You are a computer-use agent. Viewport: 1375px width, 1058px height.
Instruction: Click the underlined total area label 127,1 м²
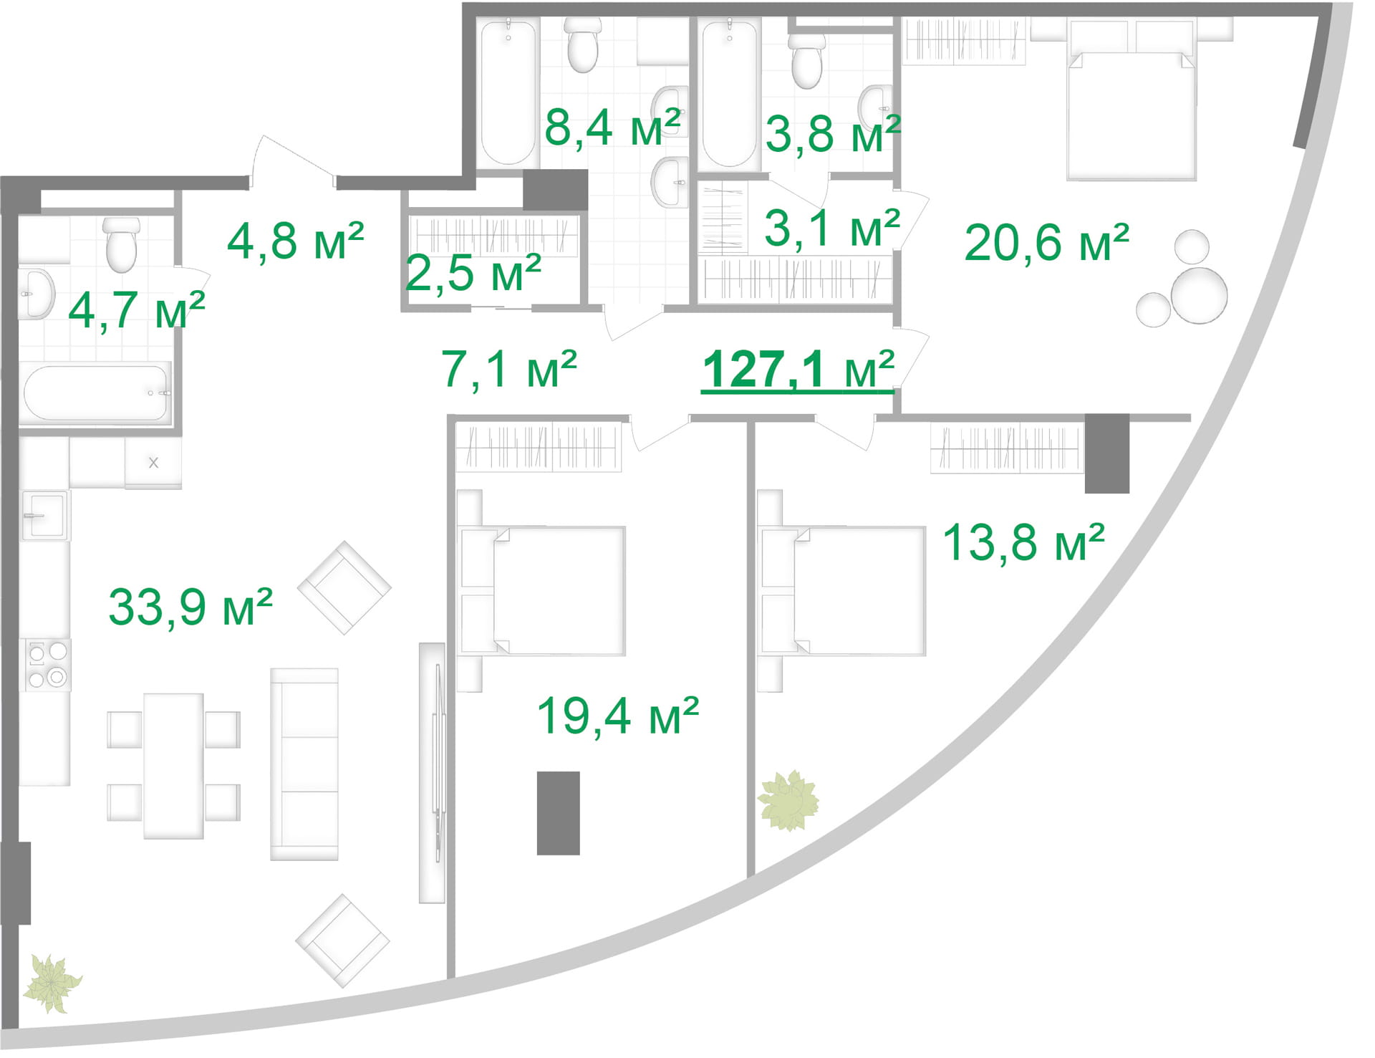click(798, 370)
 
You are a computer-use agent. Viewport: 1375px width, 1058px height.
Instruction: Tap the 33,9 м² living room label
click(190, 607)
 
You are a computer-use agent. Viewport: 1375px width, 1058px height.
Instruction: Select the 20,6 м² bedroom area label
click(1046, 242)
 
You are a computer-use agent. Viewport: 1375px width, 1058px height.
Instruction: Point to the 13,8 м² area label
click(1023, 542)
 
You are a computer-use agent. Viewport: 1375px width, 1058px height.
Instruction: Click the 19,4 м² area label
click(617, 716)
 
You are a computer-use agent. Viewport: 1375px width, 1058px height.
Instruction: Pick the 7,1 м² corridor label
click(509, 370)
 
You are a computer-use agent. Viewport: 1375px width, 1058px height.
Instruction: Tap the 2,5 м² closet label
click(473, 273)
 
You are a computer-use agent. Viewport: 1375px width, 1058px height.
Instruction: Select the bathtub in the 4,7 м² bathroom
click(96, 393)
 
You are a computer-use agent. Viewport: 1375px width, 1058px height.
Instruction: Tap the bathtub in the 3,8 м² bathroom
click(729, 93)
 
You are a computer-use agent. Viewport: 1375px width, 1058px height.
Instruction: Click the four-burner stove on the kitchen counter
click(47, 664)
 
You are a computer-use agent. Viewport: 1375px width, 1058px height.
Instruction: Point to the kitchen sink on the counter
click(45, 515)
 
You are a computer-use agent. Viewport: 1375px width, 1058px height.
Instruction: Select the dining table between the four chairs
click(173, 766)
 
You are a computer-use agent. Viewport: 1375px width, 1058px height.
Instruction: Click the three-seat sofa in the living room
click(304, 764)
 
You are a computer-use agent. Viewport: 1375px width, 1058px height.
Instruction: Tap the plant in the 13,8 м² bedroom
click(788, 800)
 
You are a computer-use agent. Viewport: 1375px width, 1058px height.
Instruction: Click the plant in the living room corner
click(52, 984)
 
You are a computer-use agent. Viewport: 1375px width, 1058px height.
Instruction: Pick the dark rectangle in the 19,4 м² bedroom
click(559, 813)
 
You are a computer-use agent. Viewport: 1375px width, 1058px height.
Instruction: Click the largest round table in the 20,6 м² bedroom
click(1199, 295)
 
